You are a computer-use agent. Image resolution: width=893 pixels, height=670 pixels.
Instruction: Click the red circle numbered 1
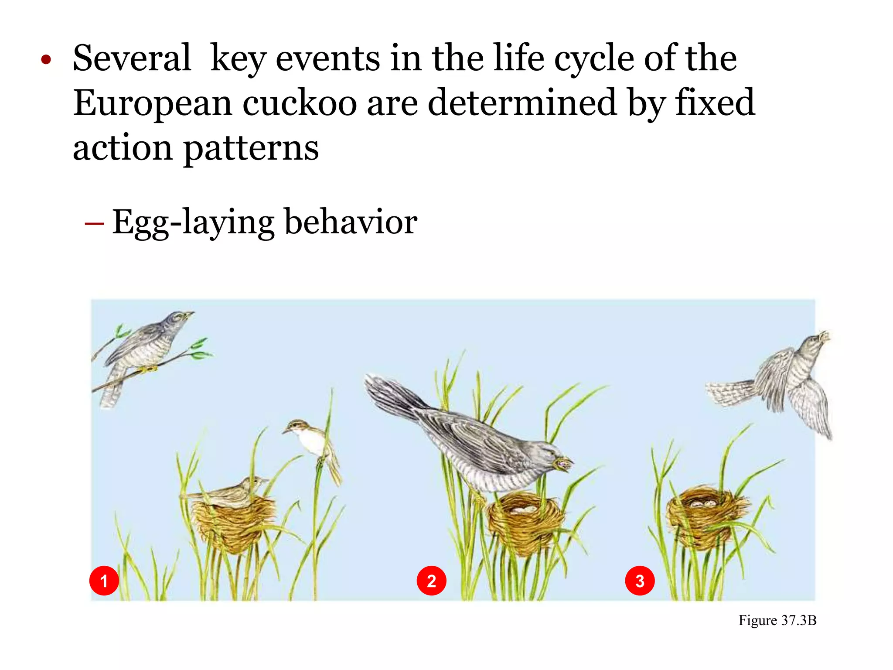pyautogui.click(x=104, y=581)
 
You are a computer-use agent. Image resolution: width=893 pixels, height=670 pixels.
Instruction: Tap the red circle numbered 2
pyautogui.click(x=431, y=581)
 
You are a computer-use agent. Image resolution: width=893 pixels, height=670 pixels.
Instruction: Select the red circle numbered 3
pyautogui.click(x=640, y=581)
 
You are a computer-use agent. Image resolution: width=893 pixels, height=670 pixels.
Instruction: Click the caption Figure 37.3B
pyautogui.click(x=777, y=620)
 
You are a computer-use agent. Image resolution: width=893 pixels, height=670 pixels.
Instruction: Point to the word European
pyautogui.click(x=152, y=104)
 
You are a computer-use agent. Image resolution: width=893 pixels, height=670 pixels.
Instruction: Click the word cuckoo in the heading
pyautogui.click(x=300, y=103)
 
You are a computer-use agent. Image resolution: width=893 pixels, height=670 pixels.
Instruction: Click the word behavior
pyautogui.click(x=351, y=222)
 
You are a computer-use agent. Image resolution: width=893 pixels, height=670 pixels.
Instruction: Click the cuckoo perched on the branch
pyautogui.click(x=144, y=345)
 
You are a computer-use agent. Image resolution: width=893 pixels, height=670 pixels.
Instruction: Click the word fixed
pyautogui.click(x=715, y=103)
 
